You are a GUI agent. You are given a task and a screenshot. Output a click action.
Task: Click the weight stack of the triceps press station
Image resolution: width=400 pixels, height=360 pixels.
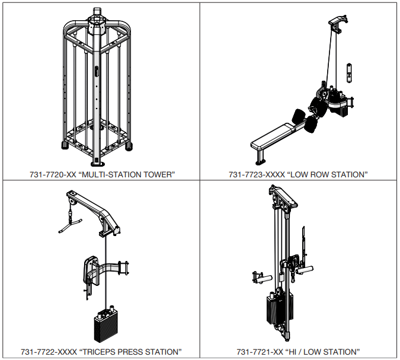click(x=105, y=327)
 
